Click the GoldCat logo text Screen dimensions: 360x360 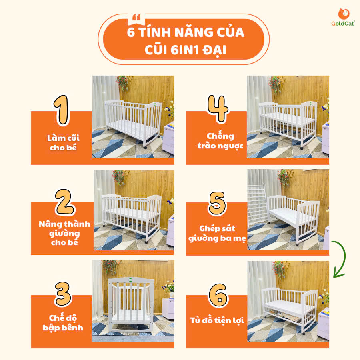click(x=343, y=24)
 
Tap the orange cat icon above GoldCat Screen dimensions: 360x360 click(x=344, y=14)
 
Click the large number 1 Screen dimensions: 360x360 click(x=62, y=110)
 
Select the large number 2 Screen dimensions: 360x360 click(x=65, y=202)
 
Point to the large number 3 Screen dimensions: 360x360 click(x=63, y=294)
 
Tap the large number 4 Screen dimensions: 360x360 click(x=218, y=108)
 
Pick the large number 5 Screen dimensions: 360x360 click(x=217, y=204)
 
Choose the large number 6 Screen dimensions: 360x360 click(x=218, y=295)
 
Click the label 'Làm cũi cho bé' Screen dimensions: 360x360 click(x=63, y=143)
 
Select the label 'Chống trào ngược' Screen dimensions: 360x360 click(x=220, y=141)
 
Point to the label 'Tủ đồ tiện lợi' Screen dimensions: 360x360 click(x=217, y=320)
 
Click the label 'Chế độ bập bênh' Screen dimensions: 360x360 click(x=63, y=323)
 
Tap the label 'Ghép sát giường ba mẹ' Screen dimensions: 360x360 click(x=217, y=234)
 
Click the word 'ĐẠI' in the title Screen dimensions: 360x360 click(x=215, y=50)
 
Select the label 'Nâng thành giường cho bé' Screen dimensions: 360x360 click(x=64, y=233)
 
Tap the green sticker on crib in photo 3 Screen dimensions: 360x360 click(x=130, y=280)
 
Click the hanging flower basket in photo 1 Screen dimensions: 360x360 click(x=122, y=83)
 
